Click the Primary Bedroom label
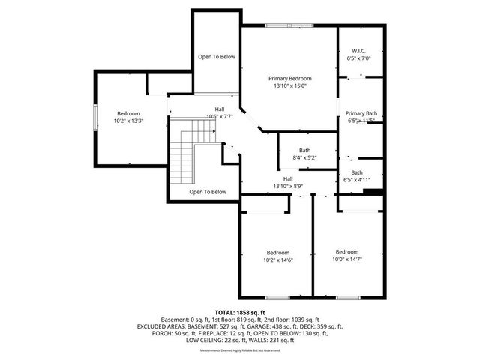tap(290, 78)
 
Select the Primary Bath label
tap(360, 112)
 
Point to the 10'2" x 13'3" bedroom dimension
tap(128, 121)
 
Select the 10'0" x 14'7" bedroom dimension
tap(346, 259)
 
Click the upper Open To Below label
tap(217, 57)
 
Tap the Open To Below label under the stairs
tap(207, 192)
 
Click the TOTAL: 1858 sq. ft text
tap(240, 311)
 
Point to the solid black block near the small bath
tap(373, 192)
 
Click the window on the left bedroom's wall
tap(94, 118)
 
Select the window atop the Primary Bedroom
tap(289, 26)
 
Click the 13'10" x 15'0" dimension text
tap(290, 85)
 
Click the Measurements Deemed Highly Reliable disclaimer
tap(240, 350)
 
